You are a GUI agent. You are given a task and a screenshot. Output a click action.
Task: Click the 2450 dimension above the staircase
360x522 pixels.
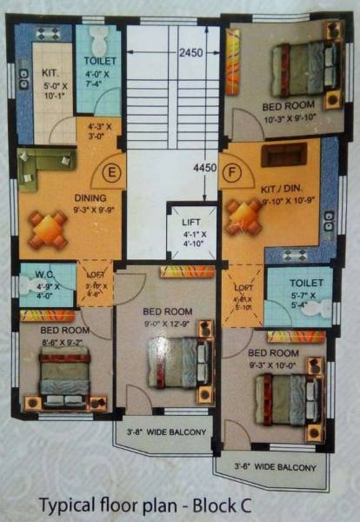click(191, 52)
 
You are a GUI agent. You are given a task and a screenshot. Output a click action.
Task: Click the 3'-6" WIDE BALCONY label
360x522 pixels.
click(273, 467)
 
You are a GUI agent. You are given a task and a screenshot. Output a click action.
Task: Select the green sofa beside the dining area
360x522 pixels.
click(42, 166)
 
